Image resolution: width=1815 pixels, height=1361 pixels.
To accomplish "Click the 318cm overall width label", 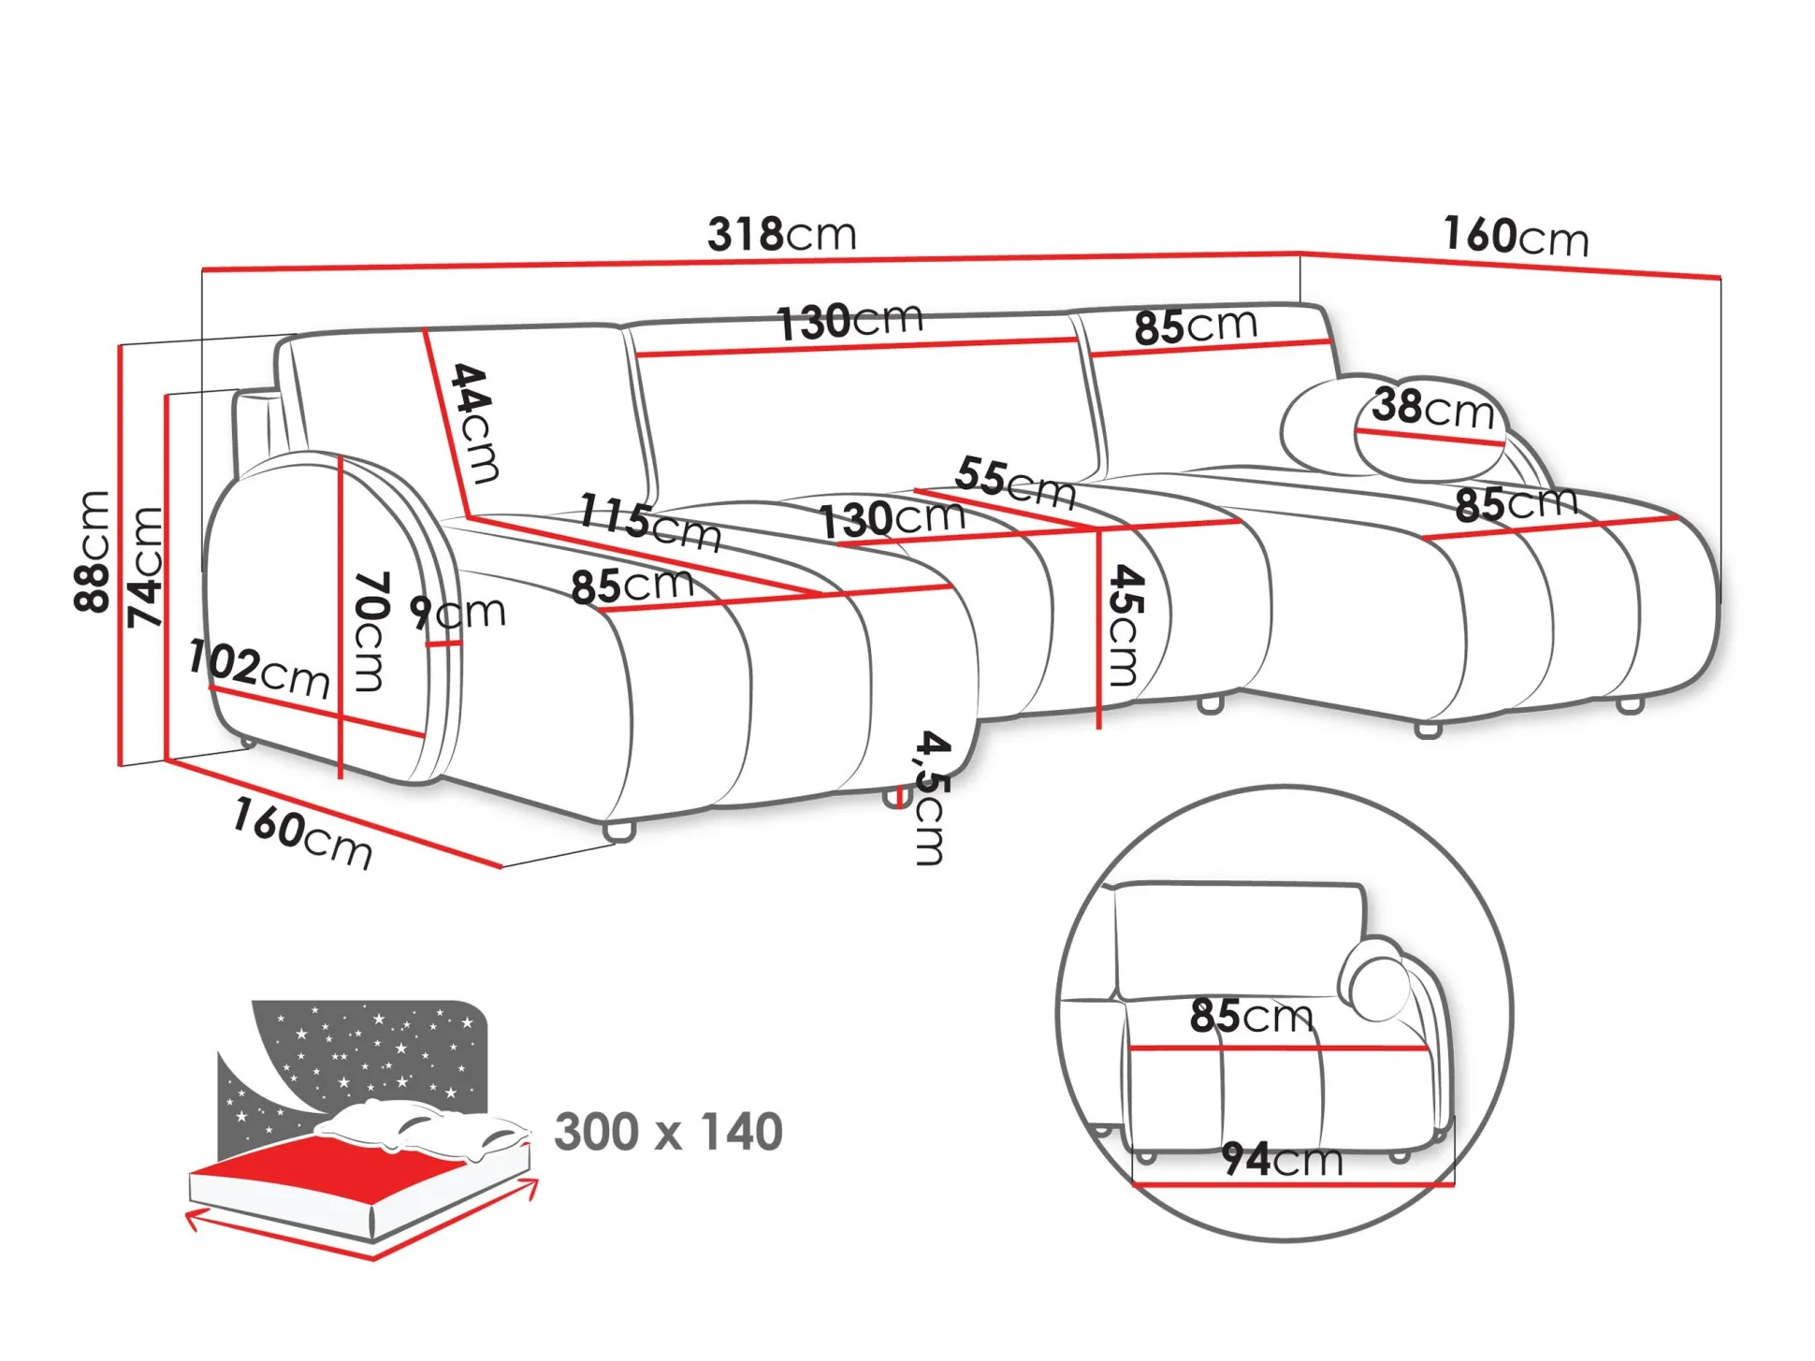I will click(x=781, y=234).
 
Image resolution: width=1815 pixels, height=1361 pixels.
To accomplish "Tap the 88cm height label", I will click(x=93, y=552).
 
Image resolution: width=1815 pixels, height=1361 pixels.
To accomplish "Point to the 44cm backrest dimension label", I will click(x=475, y=423).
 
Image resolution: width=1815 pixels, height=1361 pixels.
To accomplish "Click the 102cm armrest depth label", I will click(x=259, y=669).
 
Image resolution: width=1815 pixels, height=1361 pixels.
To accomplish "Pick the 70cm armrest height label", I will click(x=370, y=631).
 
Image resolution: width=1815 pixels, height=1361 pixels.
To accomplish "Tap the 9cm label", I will click(x=457, y=613).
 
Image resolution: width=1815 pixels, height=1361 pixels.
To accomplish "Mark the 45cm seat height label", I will click(x=1125, y=625).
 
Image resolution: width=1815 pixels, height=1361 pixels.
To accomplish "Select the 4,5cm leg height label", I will click(x=932, y=798).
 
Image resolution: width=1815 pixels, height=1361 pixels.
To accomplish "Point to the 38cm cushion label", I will click(x=1433, y=409).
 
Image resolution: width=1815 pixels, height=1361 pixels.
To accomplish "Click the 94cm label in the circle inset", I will click(x=1283, y=1161).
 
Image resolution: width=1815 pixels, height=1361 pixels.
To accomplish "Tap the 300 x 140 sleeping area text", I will click(x=668, y=1132).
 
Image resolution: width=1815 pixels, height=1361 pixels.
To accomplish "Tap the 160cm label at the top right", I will click(x=1516, y=237).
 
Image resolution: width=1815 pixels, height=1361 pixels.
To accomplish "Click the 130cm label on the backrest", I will click(x=849, y=322).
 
